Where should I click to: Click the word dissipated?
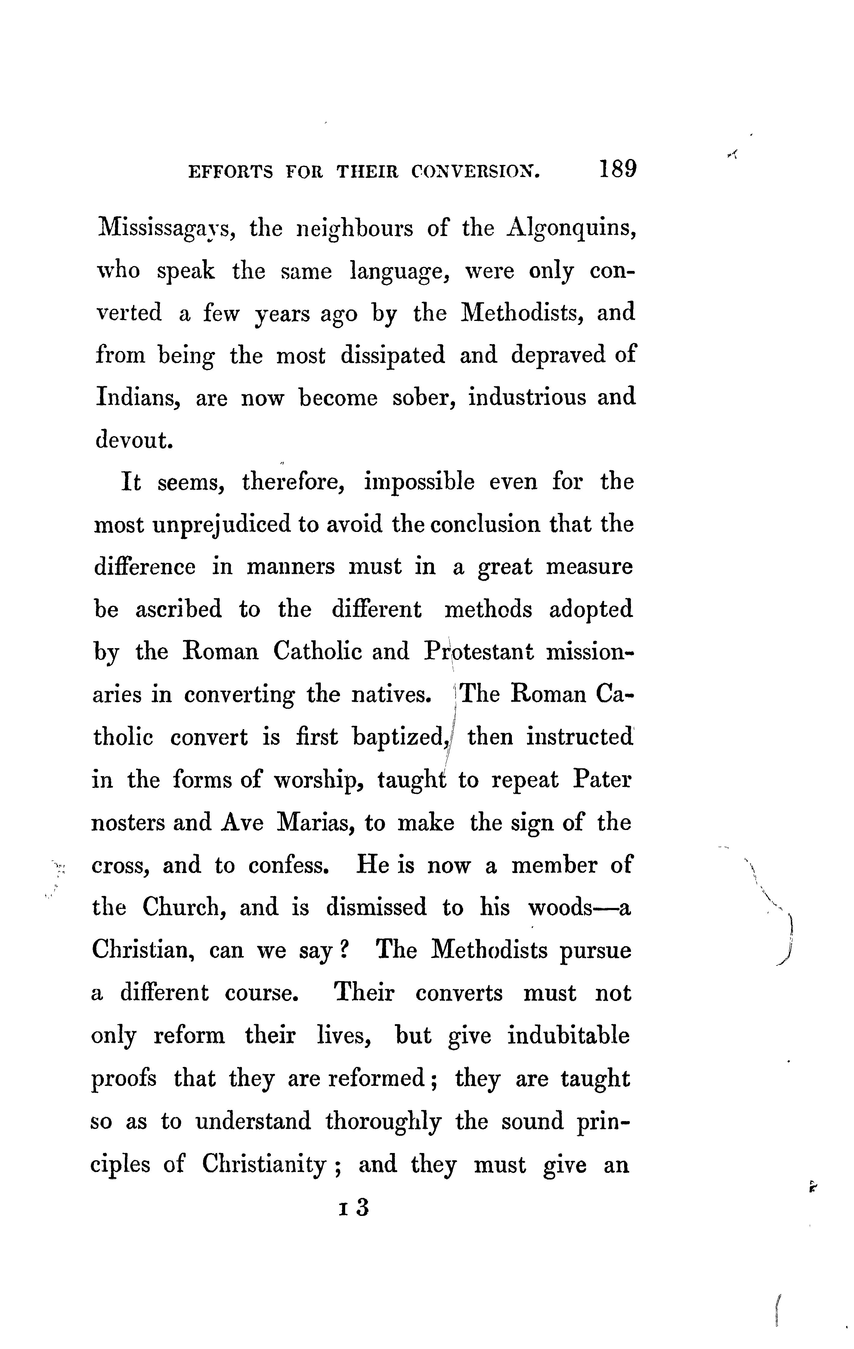pos(393,355)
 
